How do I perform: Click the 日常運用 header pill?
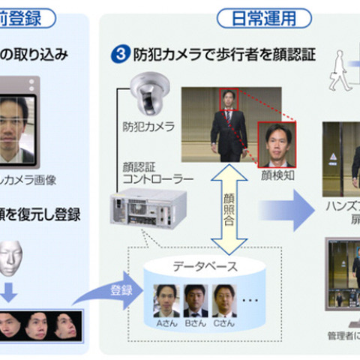coord(253,16)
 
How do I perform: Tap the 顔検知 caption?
coord(279,175)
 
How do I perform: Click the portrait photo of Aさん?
coord(166,300)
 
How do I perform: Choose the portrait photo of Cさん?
coord(224,300)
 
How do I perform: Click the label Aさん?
coord(166,322)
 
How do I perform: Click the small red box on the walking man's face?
coord(227,98)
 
